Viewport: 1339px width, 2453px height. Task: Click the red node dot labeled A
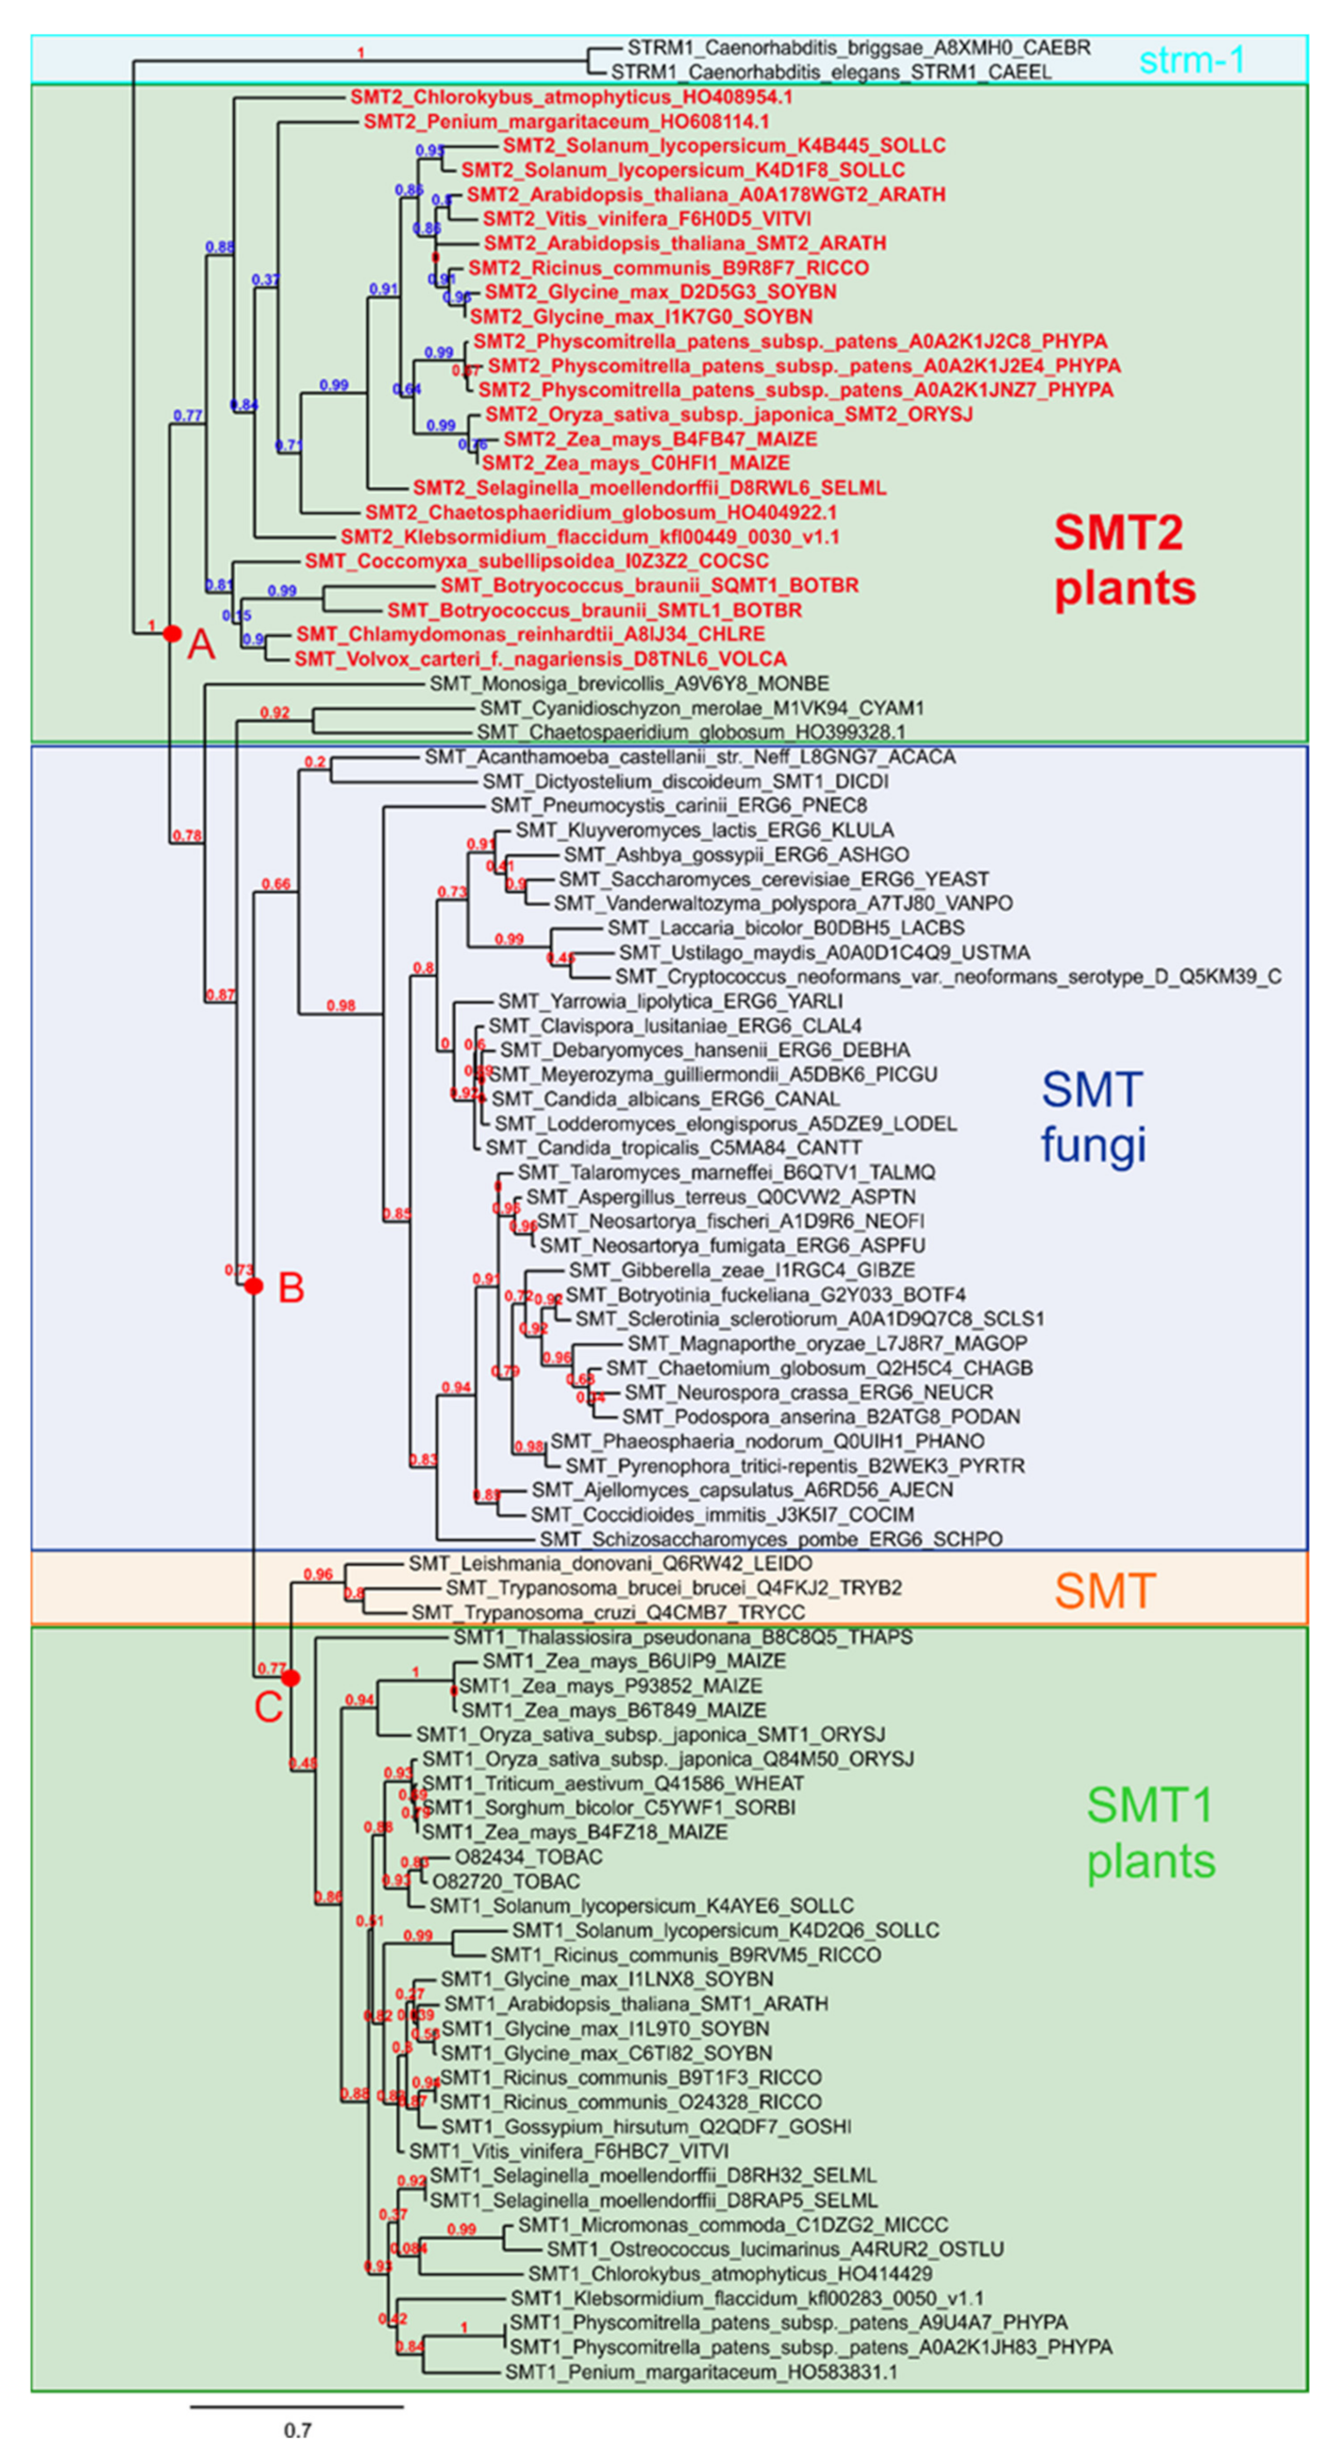click(x=172, y=633)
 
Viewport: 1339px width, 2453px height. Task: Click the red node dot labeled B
click(x=253, y=1286)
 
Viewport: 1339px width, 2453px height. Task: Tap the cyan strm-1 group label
click(x=1192, y=60)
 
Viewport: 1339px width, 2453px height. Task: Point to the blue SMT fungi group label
click(x=1093, y=1117)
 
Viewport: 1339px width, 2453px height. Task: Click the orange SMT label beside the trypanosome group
click(x=1105, y=1590)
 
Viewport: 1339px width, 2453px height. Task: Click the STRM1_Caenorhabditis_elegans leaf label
click(x=830, y=73)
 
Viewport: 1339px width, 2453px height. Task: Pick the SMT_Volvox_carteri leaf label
click(x=540, y=659)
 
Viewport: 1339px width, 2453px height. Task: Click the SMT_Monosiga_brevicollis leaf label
click(x=628, y=683)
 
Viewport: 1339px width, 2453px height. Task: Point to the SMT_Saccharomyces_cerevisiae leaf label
click(x=774, y=879)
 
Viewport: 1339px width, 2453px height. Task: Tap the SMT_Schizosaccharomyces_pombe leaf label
click(x=770, y=1538)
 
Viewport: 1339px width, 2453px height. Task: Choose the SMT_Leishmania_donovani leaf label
click(x=610, y=1564)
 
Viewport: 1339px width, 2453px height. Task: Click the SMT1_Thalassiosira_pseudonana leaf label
click(x=682, y=1637)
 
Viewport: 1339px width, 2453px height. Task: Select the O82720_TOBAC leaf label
click(x=506, y=1882)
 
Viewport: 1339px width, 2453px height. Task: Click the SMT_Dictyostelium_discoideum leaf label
click(x=685, y=781)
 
